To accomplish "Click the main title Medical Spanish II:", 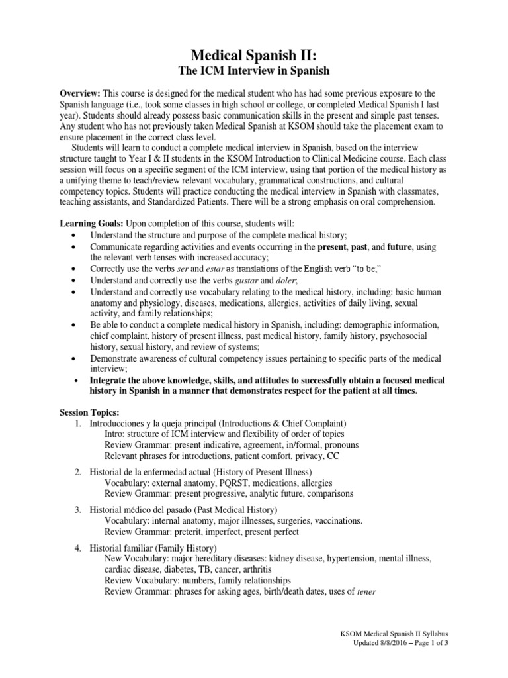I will [254, 52].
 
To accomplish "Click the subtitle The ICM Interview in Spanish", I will [254, 70].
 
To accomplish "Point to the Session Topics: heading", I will [89, 412].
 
